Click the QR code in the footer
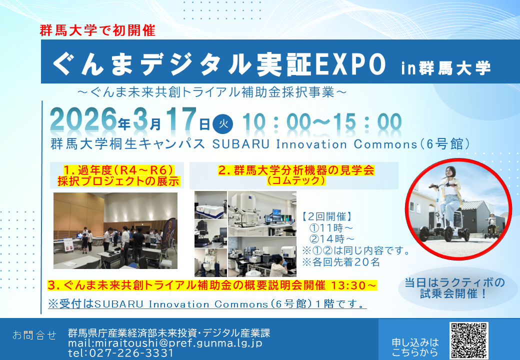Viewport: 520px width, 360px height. (468, 341)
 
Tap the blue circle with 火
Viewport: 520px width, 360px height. (223, 124)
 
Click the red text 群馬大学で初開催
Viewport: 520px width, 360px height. (97, 30)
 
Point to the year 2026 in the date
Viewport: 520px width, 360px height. (83, 119)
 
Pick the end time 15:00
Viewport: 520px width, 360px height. (368, 122)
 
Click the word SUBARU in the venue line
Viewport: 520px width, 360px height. (241, 144)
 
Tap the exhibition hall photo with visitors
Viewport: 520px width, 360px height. (115, 230)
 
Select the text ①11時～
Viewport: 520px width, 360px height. (331, 228)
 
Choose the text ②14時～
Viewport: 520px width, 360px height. (331, 239)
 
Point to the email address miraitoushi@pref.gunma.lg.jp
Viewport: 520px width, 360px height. (165, 343)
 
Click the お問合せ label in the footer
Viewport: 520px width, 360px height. (34, 335)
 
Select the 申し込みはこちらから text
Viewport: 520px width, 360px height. (415, 347)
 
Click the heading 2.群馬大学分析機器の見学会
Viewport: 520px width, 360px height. (296, 170)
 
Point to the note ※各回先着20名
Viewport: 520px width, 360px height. (341, 262)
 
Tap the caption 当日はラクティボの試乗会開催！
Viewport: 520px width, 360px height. (454, 288)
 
